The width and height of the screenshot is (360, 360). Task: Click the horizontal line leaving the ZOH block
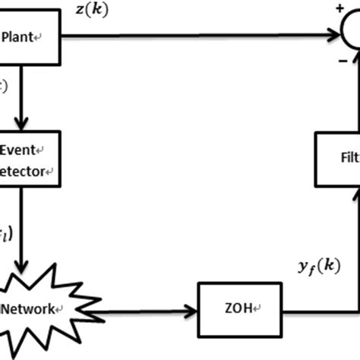[311, 309]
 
